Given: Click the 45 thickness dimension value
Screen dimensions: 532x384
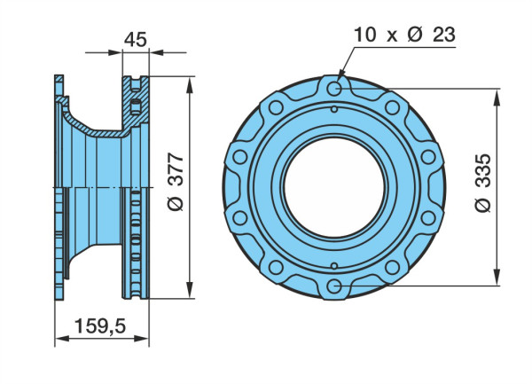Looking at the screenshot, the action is [x=136, y=39].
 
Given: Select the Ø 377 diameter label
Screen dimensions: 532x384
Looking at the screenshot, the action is [x=176, y=182].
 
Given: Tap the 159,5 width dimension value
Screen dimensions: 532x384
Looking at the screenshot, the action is [x=100, y=326].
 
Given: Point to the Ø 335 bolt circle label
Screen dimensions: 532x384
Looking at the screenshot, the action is [x=483, y=184].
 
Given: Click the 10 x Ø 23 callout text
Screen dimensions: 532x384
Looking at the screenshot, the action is [x=404, y=35].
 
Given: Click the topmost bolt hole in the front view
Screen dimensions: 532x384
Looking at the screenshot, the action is [x=334, y=88].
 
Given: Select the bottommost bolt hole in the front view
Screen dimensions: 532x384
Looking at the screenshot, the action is [x=334, y=286].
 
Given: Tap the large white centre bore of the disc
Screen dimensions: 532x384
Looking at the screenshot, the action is [x=334, y=188].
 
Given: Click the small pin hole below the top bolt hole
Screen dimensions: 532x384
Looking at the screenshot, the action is [x=334, y=110].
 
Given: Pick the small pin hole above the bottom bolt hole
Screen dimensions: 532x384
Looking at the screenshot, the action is [x=334, y=266].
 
